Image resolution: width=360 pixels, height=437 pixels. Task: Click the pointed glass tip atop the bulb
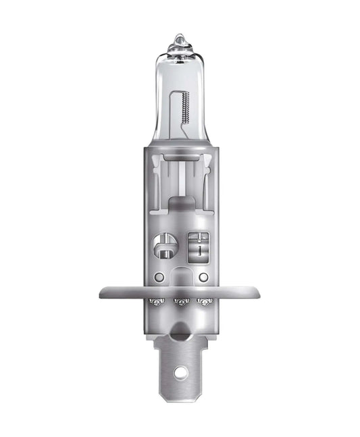[x=179, y=41]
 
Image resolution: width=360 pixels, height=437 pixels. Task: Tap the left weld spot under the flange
[x=156, y=301]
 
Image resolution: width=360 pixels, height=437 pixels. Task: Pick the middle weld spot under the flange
[x=180, y=301]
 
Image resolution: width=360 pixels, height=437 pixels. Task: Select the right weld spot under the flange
[x=203, y=301]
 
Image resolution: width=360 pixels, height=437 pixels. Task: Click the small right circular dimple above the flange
[x=203, y=278]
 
